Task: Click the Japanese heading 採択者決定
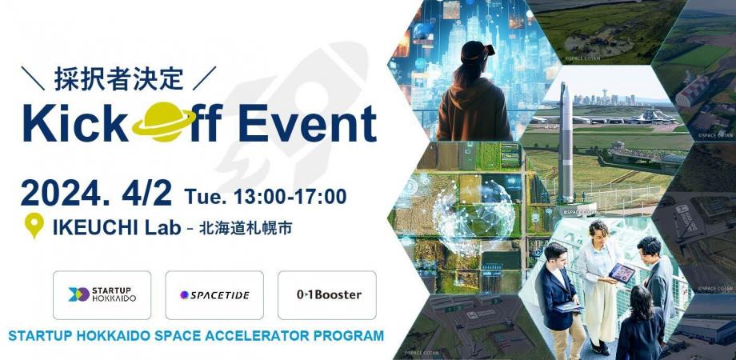(119, 78)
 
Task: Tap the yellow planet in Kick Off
(162, 124)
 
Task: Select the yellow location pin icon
(34, 226)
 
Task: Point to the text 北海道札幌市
(251, 228)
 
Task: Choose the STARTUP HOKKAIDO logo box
(102, 295)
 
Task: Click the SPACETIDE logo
(214, 295)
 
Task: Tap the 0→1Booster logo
(326, 295)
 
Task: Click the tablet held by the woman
(622, 273)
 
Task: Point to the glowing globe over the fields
(473, 213)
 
